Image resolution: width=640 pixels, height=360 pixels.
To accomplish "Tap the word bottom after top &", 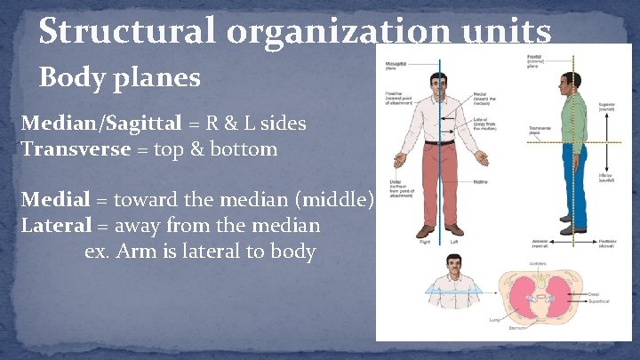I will click(x=246, y=148).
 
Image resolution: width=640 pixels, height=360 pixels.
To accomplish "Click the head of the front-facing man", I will click(x=442, y=84).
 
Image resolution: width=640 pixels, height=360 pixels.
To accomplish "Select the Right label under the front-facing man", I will click(x=426, y=241).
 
